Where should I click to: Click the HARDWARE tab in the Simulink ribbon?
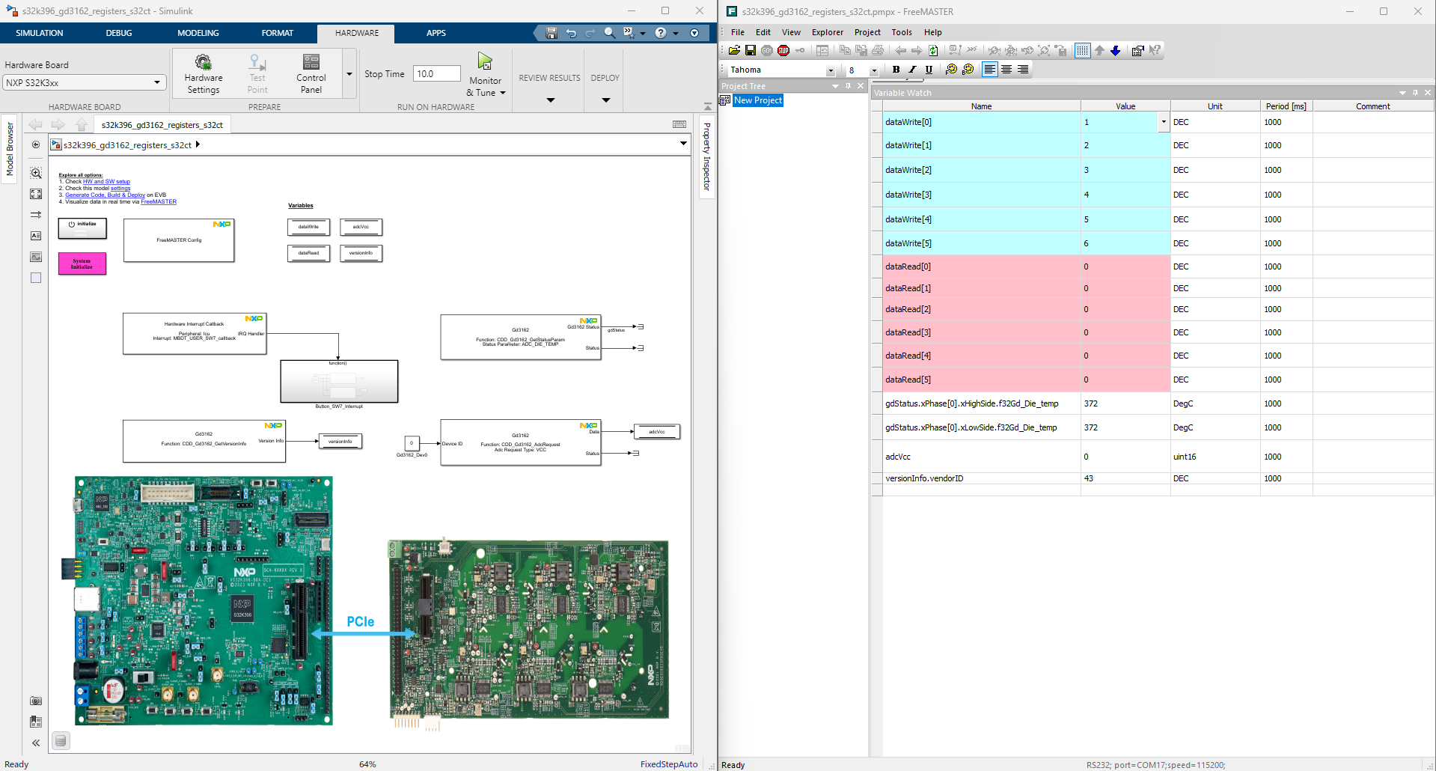click(356, 33)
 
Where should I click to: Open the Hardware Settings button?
click(204, 74)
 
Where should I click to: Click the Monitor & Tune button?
click(486, 75)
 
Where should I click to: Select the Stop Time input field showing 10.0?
click(436, 73)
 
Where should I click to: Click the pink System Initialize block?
click(82, 263)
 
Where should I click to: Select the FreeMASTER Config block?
click(179, 240)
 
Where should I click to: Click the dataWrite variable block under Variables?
click(308, 227)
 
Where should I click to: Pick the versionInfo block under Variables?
click(361, 253)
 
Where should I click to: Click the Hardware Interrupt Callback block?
click(195, 333)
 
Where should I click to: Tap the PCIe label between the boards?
click(360, 621)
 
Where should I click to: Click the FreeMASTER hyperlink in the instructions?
click(159, 202)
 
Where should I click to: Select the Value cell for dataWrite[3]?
click(1125, 195)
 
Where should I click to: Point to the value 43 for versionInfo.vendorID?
click(1089, 478)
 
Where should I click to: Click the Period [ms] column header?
click(1286, 106)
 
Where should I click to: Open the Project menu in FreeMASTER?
click(867, 32)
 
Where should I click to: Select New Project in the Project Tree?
click(757, 100)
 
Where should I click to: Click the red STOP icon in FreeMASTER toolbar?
click(783, 50)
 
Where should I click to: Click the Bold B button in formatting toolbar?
click(896, 70)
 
